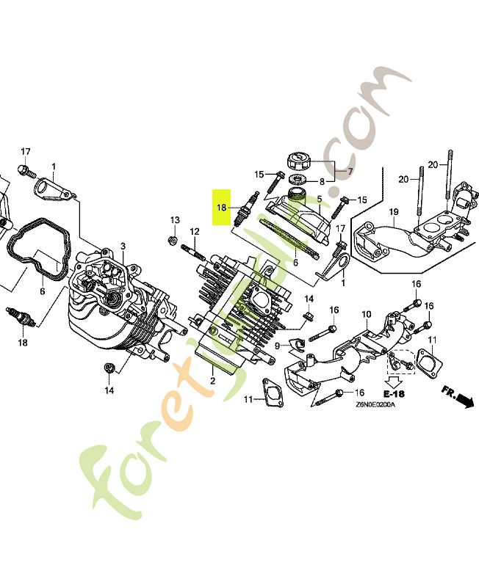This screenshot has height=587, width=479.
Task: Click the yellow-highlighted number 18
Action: click(222, 208)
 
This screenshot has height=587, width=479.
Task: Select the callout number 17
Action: click(25, 152)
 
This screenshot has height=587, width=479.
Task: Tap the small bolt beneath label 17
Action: click(25, 172)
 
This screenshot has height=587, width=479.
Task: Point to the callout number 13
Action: click(175, 220)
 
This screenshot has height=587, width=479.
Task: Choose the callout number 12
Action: click(195, 232)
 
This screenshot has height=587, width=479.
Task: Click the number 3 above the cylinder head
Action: click(123, 246)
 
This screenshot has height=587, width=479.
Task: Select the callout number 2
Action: click(212, 381)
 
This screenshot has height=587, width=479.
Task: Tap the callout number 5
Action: click(319, 198)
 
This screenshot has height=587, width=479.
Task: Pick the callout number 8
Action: click(321, 181)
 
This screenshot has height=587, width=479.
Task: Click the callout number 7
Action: click(350, 172)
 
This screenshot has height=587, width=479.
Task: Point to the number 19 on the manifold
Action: click(393, 212)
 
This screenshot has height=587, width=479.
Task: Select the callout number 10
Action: click(366, 315)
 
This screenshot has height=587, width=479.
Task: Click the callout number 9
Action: click(278, 346)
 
